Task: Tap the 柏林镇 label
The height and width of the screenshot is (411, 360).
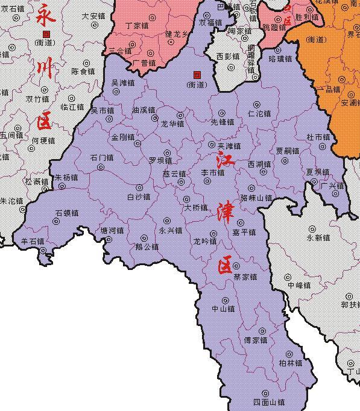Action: [290, 363]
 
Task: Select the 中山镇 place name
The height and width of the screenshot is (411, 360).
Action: [223, 309]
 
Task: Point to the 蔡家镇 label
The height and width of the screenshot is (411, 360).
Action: [245, 277]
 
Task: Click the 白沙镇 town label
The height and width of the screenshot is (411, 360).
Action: [139, 196]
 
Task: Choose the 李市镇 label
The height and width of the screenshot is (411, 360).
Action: [212, 172]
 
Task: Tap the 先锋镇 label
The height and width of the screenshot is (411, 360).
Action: [222, 121]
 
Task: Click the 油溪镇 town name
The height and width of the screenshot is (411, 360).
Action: [144, 110]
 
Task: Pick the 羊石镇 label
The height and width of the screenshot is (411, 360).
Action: [33, 241]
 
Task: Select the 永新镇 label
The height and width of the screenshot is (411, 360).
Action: [318, 237]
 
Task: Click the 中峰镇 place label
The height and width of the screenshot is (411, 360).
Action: [298, 285]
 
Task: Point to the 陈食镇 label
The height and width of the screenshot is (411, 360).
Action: [83, 71]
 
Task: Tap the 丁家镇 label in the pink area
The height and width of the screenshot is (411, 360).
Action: [136, 26]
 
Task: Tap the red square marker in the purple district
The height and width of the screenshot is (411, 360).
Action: [196, 74]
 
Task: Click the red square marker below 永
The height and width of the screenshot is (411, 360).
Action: [47, 34]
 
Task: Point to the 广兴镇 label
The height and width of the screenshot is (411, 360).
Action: [332, 185]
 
